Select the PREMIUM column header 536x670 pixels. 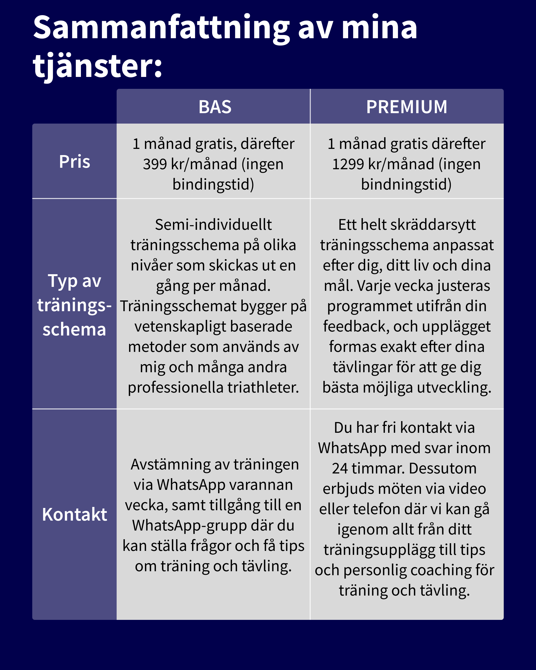406,107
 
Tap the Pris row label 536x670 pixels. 75,162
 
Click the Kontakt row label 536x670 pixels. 75,514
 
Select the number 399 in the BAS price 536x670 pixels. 155,164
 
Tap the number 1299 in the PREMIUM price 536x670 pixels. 348,164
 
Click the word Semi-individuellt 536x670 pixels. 213,225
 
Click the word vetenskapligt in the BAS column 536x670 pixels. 180,327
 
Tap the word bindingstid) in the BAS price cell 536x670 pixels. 213,184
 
